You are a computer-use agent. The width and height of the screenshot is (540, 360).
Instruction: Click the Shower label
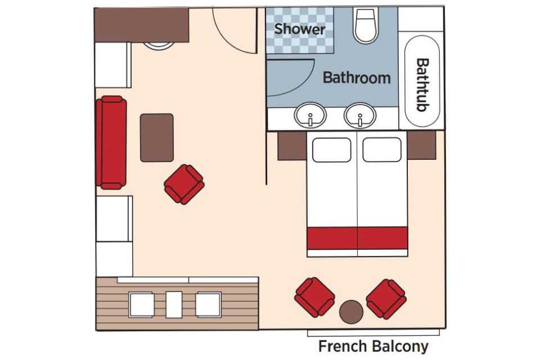tap(299, 29)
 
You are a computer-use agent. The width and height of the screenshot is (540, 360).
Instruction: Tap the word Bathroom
tap(356, 78)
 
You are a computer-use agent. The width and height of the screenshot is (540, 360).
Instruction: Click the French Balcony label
tap(373, 346)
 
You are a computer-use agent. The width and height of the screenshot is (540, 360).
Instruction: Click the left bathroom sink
tap(310, 115)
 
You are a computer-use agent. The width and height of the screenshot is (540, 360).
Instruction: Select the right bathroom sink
tap(359, 115)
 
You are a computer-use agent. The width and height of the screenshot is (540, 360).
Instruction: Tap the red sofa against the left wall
tap(111, 142)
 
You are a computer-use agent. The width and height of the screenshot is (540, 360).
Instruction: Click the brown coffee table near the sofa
tap(156, 137)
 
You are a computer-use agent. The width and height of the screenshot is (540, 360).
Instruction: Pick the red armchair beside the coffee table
tap(184, 184)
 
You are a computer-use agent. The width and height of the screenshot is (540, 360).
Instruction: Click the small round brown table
tap(352, 311)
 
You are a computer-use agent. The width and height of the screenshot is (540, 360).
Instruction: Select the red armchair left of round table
tap(314, 297)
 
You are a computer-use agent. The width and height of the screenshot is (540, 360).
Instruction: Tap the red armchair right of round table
tap(386, 299)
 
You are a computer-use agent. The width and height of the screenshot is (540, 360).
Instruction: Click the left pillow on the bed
tap(331, 150)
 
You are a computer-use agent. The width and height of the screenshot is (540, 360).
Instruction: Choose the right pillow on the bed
tap(382, 150)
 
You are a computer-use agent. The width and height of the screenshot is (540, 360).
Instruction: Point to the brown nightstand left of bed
tap(292, 146)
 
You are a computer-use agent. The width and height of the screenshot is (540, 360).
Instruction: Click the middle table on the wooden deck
tap(174, 304)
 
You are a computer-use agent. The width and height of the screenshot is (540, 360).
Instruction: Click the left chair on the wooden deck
tap(141, 304)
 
